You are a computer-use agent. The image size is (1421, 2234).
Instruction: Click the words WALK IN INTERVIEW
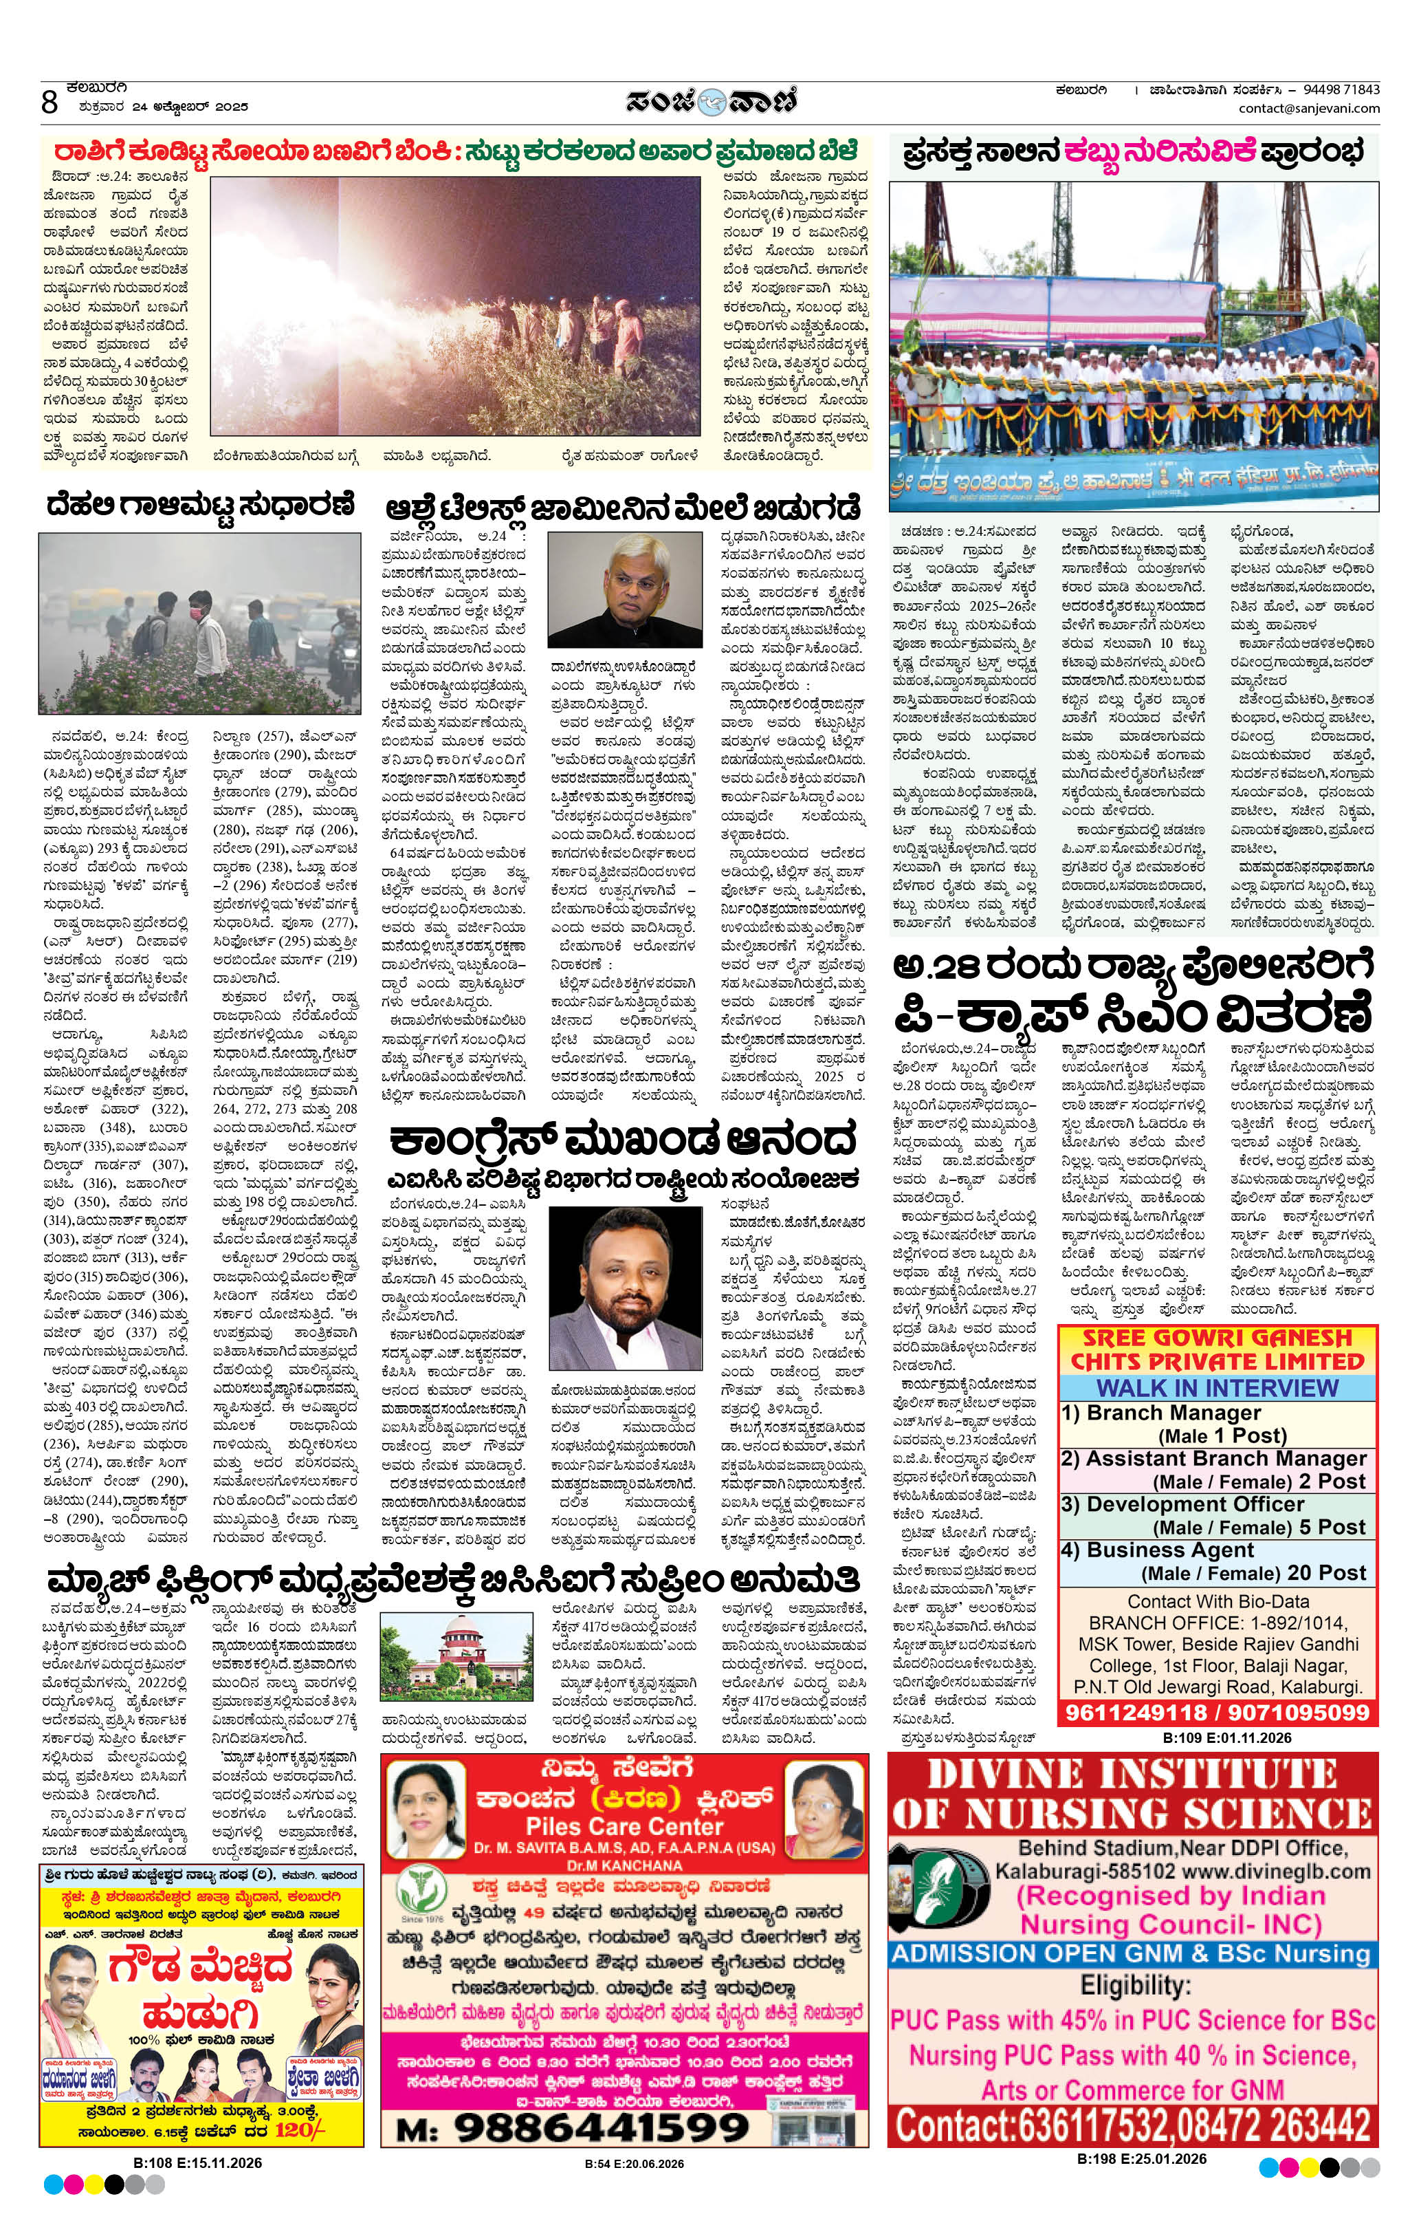pyautogui.click(x=1217, y=1388)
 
